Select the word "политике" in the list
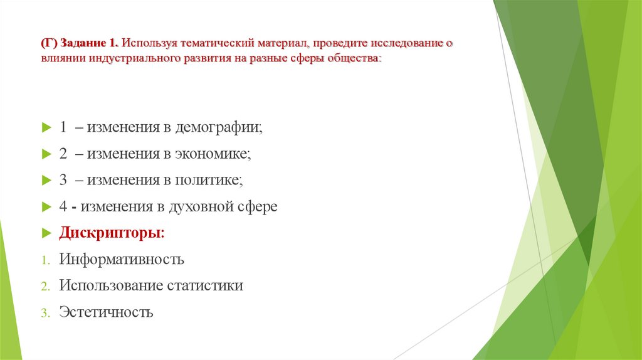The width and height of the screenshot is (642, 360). click(208, 180)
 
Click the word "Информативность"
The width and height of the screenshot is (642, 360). click(122, 259)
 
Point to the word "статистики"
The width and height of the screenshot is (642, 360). click(205, 285)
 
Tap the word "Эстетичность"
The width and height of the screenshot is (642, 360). click(106, 312)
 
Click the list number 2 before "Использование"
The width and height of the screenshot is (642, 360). click(45, 286)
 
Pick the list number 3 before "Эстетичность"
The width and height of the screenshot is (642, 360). click(45, 312)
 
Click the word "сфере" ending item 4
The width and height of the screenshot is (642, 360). click(257, 206)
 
